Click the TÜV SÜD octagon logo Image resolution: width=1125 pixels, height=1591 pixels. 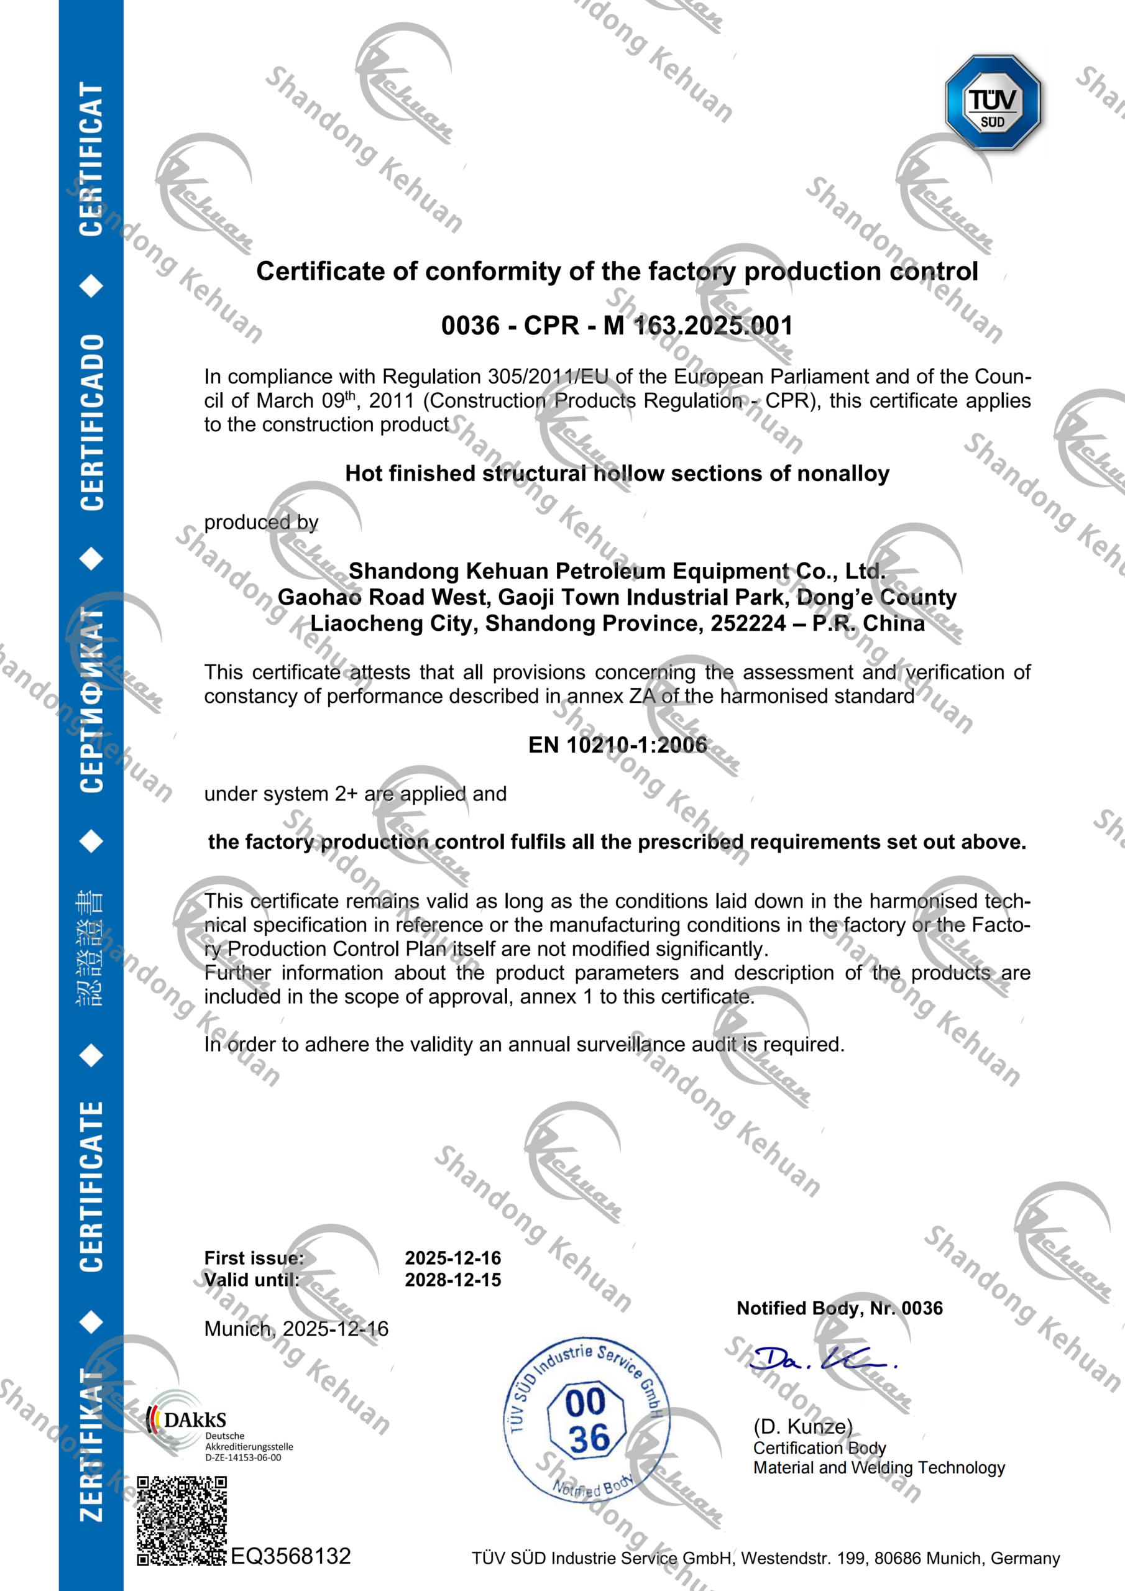(x=993, y=103)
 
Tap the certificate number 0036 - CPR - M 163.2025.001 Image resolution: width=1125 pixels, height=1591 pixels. (x=617, y=325)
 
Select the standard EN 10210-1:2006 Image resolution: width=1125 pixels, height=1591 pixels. (x=617, y=745)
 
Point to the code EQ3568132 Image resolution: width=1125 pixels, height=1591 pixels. (x=290, y=1556)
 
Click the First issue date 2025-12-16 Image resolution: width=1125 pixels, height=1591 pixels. (x=452, y=1258)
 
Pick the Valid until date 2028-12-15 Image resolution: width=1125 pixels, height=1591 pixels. (x=452, y=1280)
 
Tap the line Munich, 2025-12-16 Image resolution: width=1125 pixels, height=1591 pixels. (x=296, y=1328)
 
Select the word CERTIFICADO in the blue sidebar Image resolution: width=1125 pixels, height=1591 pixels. (x=92, y=423)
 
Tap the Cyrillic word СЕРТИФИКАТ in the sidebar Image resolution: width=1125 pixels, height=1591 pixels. (x=92, y=700)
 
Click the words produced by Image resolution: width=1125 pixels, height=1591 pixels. (x=261, y=522)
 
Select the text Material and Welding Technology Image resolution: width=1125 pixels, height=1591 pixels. (x=879, y=1468)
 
